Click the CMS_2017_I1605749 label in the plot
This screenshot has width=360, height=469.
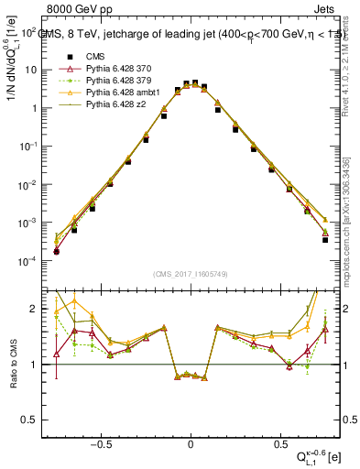pyautogui.click(x=190, y=276)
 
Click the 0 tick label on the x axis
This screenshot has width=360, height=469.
pyautogui.click(x=191, y=441)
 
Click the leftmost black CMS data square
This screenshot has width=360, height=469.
pyautogui.click(x=57, y=251)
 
